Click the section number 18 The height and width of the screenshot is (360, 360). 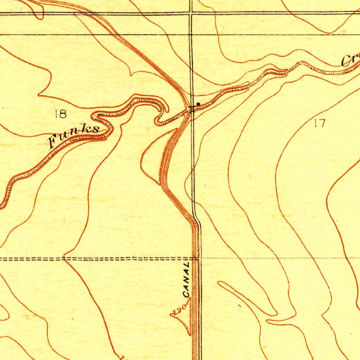[60, 114]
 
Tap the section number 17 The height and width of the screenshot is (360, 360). [320, 123]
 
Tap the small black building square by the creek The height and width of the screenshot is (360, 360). [198, 104]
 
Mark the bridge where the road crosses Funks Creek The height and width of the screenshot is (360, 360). [192, 109]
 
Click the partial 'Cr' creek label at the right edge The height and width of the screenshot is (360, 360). [350, 61]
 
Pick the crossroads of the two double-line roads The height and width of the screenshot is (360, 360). [191, 13]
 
